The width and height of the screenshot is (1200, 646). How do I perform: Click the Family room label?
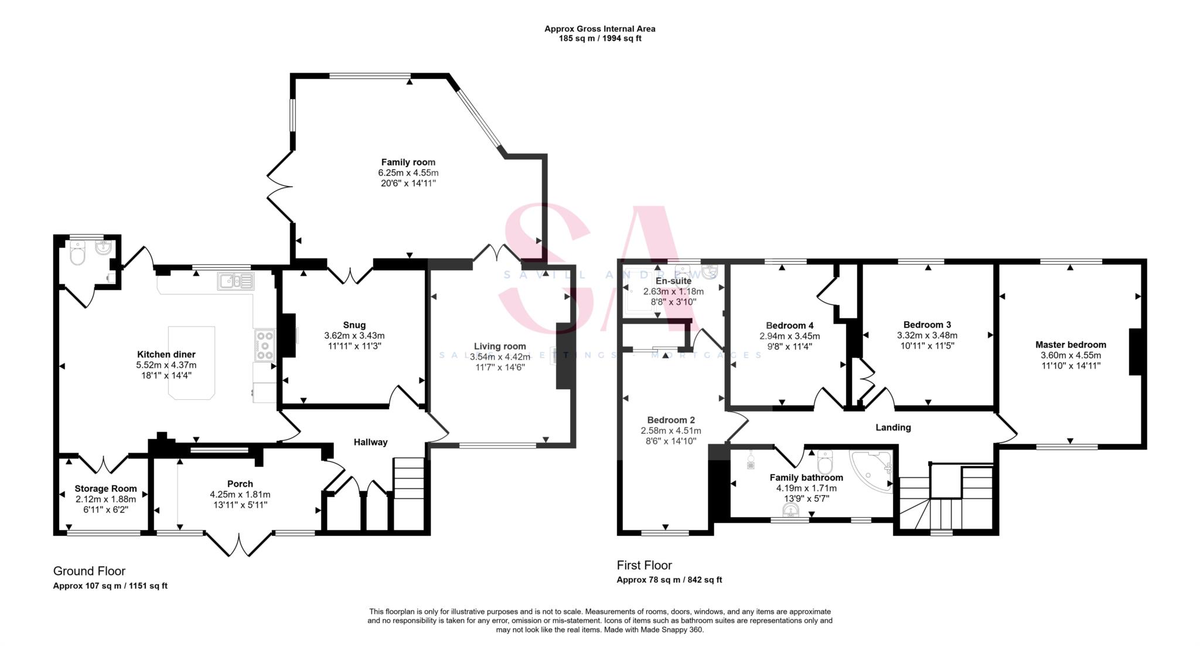pos(408,162)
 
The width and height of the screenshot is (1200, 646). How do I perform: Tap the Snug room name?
pos(354,325)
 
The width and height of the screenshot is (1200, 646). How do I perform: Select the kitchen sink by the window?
pos(236,281)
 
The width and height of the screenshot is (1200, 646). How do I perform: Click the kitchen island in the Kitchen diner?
pos(192,363)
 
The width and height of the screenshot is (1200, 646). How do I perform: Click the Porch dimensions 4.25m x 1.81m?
pos(240,495)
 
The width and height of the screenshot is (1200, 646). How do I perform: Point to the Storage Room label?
pos(105,488)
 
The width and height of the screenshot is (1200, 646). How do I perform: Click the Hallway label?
pos(370,442)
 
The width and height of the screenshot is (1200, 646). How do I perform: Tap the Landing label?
pos(893,427)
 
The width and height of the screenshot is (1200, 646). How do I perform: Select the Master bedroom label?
pos(1071,345)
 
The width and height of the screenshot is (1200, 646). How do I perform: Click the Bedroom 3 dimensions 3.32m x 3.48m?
pos(927,335)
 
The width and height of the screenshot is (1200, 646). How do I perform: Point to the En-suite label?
pos(673,281)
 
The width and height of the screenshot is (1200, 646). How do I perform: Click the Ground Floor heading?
pos(89,571)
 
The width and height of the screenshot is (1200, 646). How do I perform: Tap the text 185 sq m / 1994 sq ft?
pos(599,39)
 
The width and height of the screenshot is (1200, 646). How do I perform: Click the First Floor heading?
pos(644,565)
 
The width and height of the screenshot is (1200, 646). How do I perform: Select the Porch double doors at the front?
pos(239,545)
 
